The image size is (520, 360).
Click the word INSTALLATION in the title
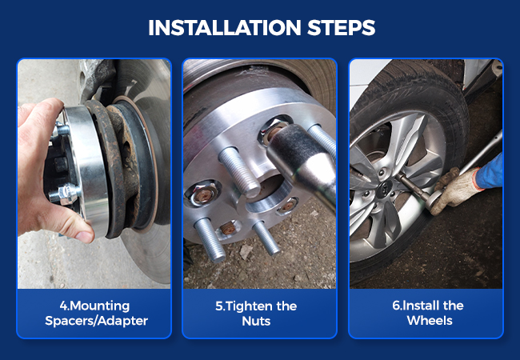(225, 27)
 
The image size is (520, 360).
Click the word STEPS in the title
(342, 27)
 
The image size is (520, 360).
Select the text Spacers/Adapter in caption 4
(97, 321)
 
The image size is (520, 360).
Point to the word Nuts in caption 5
(256, 321)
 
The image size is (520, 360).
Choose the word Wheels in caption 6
(430, 321)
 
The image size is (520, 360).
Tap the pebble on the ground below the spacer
(246, 252)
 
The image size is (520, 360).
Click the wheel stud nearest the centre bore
(239, 172)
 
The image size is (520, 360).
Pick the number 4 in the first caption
(63, 306)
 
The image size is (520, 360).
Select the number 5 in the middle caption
(219, 306)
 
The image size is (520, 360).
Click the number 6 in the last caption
(396, 306)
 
